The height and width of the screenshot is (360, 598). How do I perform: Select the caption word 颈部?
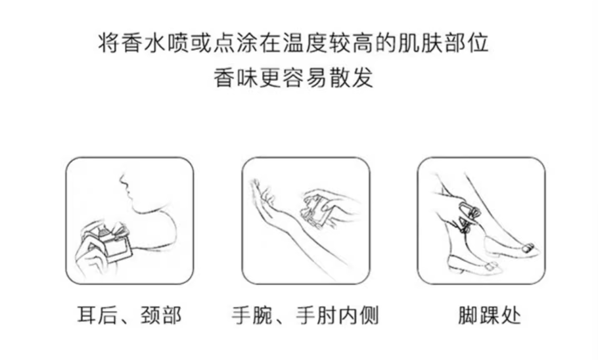pos(161,315)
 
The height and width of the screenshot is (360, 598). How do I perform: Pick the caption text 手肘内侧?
pos(337,315)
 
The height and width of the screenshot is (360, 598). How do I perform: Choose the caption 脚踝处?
pos(490,315)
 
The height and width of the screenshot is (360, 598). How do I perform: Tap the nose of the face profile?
pos(122,179)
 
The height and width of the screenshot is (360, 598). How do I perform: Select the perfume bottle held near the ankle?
pos(467,215)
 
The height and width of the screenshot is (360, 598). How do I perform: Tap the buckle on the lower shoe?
pos(492,265)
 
